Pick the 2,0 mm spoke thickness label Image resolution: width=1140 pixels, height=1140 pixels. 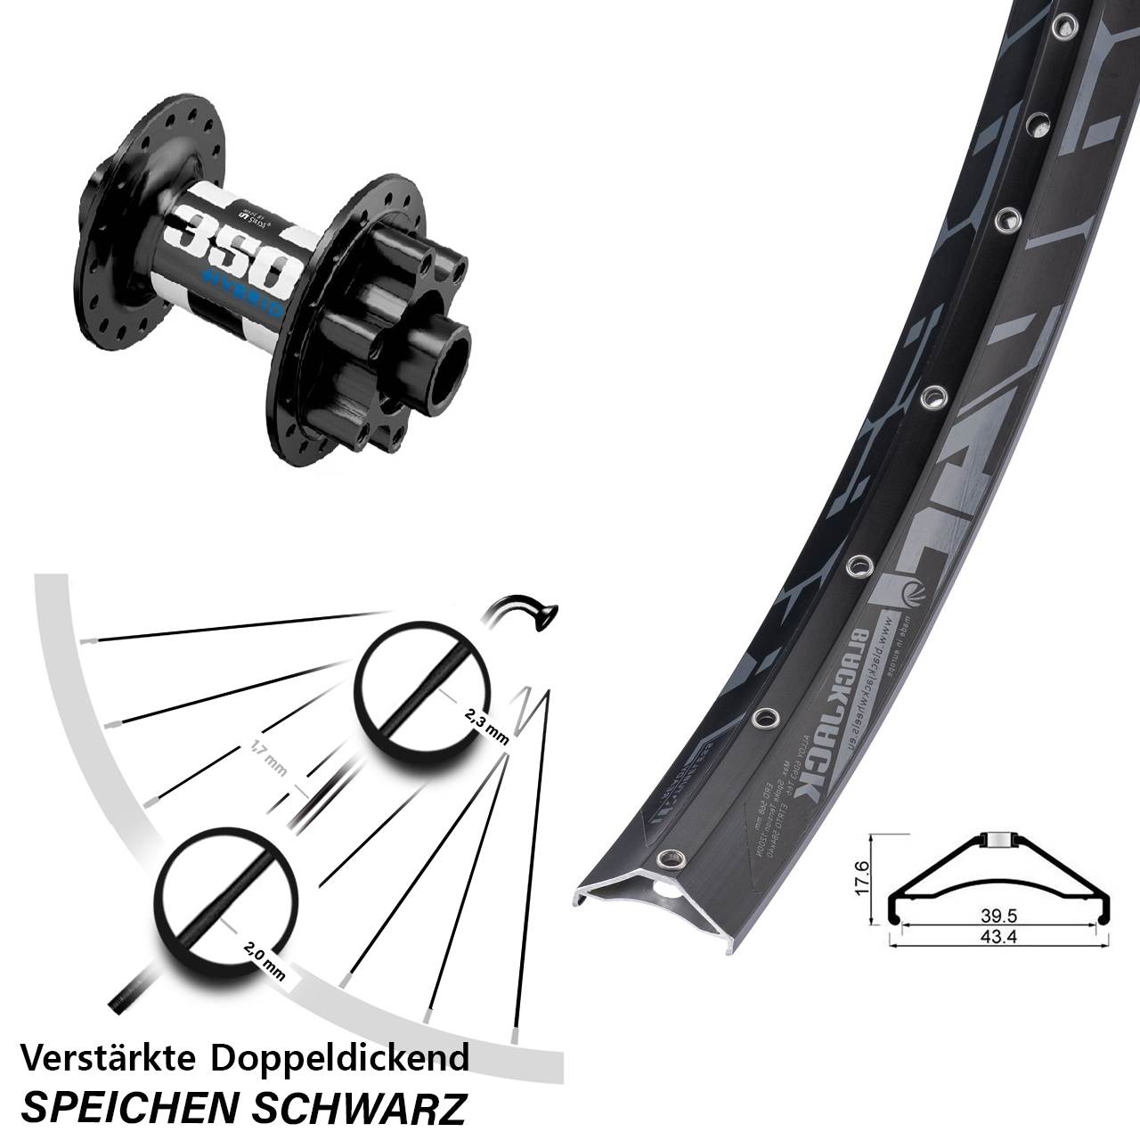point(264,962)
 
